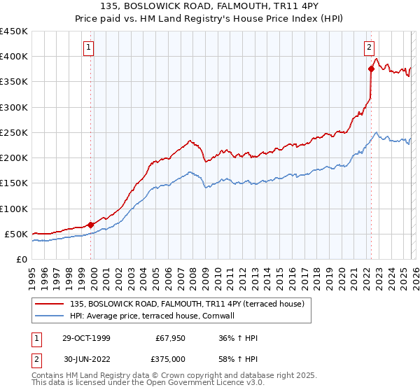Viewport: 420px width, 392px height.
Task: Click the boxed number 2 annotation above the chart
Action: click(369, 48)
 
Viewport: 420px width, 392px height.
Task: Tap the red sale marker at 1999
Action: click(91, 225)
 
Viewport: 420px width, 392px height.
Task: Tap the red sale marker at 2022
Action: click(371, 69)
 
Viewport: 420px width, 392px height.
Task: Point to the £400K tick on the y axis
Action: click(14, 57)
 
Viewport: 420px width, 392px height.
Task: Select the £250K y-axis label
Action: click(14, 132)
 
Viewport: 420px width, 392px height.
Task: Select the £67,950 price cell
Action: click(169, 338)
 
